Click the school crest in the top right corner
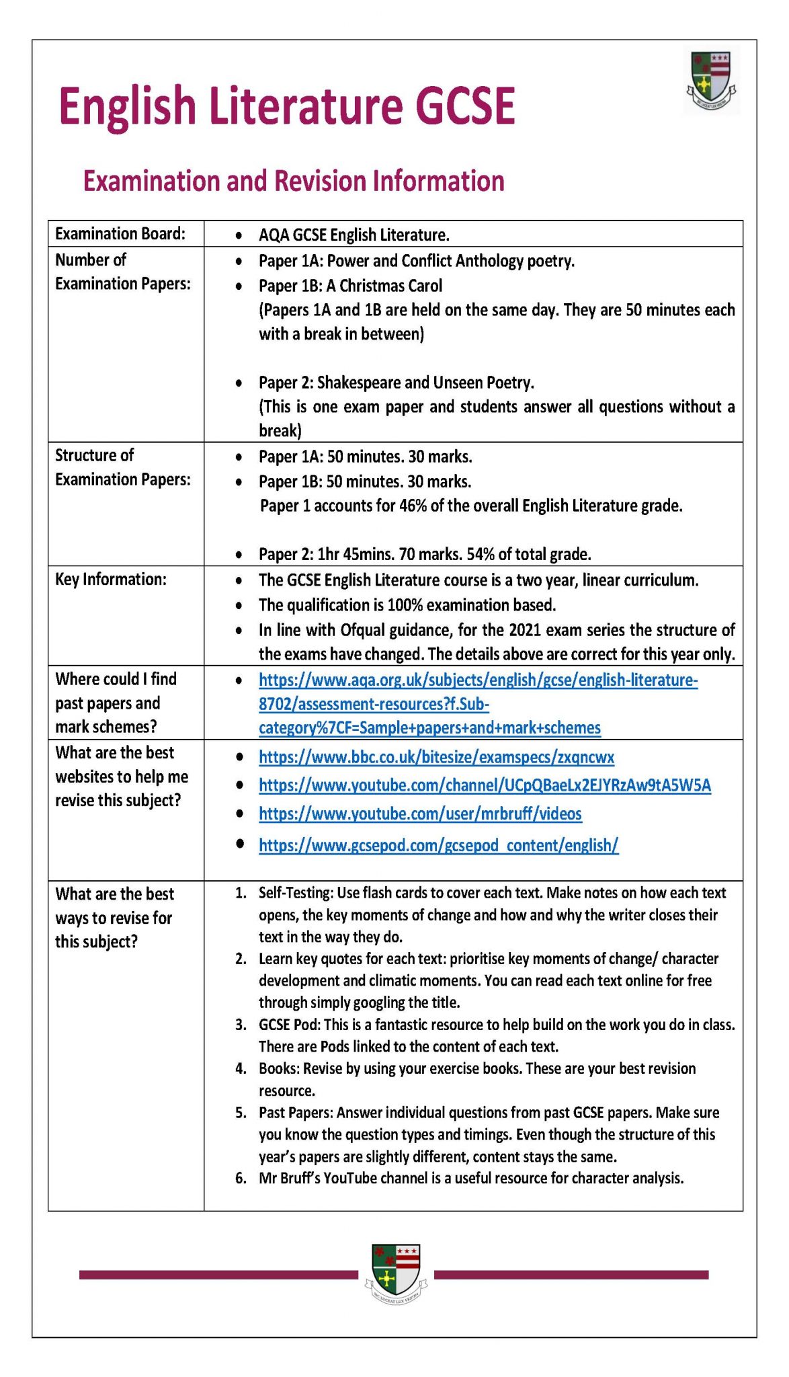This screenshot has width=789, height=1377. click(711, 81)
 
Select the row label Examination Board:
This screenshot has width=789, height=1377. click(120, 233)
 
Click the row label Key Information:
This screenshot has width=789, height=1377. click(110, 579)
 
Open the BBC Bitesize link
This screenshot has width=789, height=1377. click(436, 757)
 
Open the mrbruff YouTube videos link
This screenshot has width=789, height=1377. click(420, 814)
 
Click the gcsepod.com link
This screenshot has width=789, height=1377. click(438, 845)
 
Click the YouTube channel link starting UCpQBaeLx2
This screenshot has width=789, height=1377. click(485, 785)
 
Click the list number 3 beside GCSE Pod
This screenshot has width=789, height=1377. click(241, 1025)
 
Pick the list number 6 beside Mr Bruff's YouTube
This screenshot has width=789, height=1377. click(241, 1178)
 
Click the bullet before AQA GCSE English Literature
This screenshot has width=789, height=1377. click(239, 236)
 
